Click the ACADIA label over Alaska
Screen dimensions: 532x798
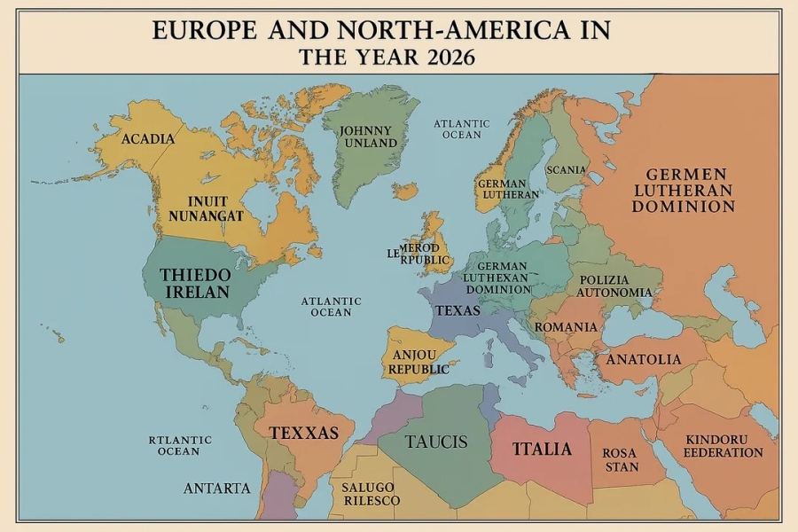pyautogui.click(x=147, y=139)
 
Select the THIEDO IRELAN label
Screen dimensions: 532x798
pyautogui.click(x=195, y=283)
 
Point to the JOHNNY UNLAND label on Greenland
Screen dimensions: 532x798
pyautogui.click(x=365, y=137)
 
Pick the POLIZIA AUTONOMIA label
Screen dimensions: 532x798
pyautogui.click(x=614, y=286)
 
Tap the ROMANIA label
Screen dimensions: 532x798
pyautogui.click(x=566, y=327)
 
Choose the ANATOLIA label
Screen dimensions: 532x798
pyautogui.click(x=644, y=359)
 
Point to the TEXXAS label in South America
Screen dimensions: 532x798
pyautogui.click(x=304, y=433)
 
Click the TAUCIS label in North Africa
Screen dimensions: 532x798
pyautogui.click(x=435, y=442)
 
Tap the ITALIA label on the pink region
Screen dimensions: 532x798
pyautogui.click(x=542, y=449)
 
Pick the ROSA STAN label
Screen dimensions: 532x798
pyautogui.click(x=620, y=459)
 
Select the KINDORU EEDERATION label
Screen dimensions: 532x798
pyautogui.click(x=723, y=446)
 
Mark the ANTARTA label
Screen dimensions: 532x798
pyautogui.click(x=217, y=489)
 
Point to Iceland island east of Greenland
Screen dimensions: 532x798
pyautogui.click(x=405, y=191)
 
